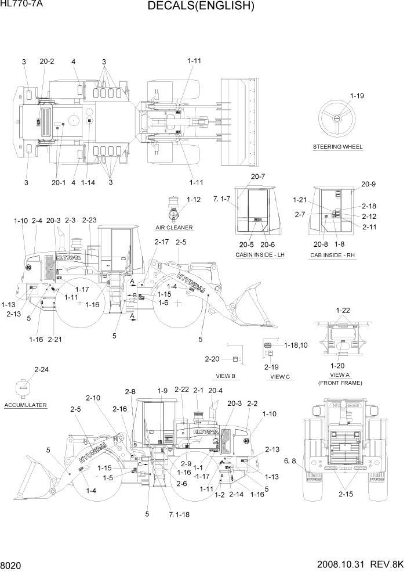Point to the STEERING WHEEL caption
click(337, 147)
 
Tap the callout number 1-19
click(358, 96)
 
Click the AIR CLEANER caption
click(174, 228)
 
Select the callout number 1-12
click(194, 200)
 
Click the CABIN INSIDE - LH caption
click(260, 255)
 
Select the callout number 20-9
click(369, 185)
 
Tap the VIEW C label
click(280, 377)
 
